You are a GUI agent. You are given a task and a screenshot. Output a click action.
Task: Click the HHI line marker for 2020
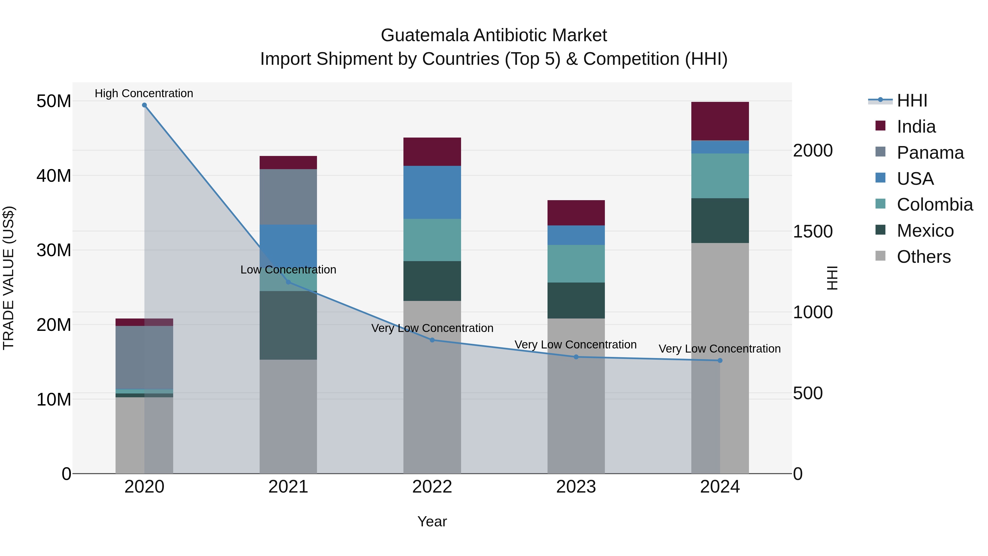(144, 105)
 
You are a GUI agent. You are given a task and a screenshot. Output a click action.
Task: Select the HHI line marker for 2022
(432, 340)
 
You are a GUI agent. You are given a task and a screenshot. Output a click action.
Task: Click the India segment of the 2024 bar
(720, 121)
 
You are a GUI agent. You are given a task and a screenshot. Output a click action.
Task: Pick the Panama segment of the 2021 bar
(288, 197)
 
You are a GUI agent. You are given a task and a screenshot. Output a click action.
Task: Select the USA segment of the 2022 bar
(432, 192)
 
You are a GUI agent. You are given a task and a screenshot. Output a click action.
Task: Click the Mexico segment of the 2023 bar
(576, 300)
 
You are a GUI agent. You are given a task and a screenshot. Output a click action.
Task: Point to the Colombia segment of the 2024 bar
(720, 176)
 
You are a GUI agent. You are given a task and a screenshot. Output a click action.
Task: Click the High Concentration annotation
(144, 93)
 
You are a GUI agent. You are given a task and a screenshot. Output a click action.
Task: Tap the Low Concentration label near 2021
(288, 269)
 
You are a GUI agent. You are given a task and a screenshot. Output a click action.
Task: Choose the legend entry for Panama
(930, 153)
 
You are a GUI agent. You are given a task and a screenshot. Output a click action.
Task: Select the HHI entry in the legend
(912, 100)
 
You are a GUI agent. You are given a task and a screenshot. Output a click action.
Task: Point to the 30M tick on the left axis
(54, 250)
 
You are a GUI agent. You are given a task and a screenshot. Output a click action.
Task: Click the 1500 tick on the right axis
(812, 231)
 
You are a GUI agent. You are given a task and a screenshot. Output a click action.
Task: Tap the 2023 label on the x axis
(576, 487)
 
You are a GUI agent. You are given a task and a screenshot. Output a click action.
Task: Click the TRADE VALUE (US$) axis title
(9, 278)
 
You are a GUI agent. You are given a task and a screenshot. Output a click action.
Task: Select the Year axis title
(432, 521)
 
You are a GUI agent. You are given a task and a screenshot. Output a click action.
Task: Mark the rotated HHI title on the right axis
(832, 278)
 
